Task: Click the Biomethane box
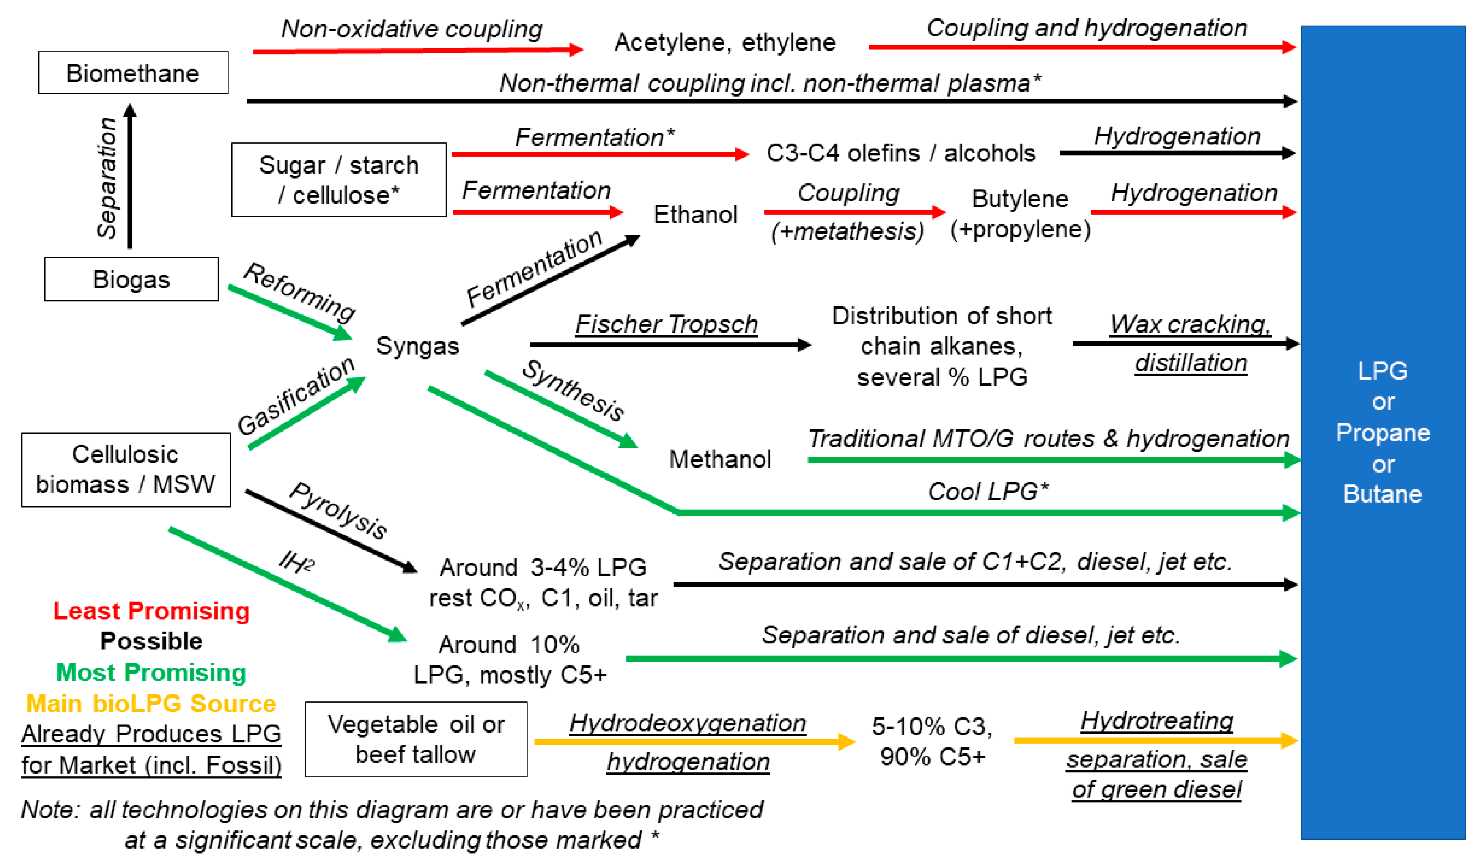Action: point(133,72)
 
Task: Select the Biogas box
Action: point(131,279)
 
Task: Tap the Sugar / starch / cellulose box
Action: point(339,180)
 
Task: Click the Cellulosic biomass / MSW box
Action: point(125,470)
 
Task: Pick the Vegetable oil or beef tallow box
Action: point(416,739)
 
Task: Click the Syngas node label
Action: point(418,345)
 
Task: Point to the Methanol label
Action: point(719,459)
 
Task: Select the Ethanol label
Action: point(695,214)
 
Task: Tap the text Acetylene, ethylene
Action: point(724,42)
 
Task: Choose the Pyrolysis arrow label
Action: point(338,509)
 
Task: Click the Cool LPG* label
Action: point(988,491)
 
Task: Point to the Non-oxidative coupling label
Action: point(411,29)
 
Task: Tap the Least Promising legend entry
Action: point(151,611)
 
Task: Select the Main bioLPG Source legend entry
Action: point(151,703)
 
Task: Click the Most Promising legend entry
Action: point(151,672)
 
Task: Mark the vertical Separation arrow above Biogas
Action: point(130,176)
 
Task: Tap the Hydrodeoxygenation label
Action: point(687,723)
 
